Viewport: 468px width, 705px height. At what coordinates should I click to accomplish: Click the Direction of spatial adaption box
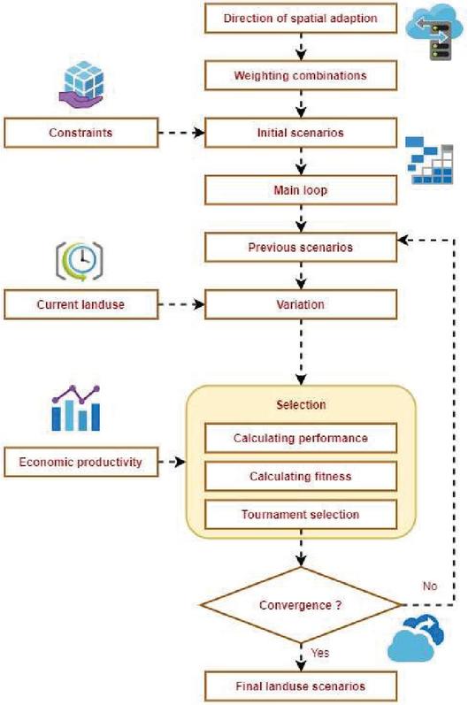(301, 19)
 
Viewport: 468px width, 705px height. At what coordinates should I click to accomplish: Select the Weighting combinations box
(301, 75)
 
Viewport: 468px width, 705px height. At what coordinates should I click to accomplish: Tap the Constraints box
(81, 133)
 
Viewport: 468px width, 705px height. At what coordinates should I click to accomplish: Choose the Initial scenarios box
(301, 133)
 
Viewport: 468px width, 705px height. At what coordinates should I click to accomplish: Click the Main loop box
(301, 189)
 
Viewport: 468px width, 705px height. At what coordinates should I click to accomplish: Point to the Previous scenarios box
(301, 247)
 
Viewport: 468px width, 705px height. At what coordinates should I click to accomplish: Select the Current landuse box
(81, 304)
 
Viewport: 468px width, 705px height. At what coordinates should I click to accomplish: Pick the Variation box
(301, 304)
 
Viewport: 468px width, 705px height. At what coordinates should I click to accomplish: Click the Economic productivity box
(81, 462)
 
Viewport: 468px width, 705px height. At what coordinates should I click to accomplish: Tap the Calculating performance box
(301, 438)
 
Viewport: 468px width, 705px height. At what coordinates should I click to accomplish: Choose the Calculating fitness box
(301, 476)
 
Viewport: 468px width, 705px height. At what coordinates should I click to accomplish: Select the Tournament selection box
(301, 514)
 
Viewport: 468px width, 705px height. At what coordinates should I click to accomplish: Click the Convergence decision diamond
(301, 605)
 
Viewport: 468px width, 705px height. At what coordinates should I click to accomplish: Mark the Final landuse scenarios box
(301, 686)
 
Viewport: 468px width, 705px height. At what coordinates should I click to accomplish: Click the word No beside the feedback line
(430, 586)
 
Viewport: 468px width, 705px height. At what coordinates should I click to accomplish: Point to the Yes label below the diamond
(320, 653)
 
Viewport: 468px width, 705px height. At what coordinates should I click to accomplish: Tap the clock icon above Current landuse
(80, 261)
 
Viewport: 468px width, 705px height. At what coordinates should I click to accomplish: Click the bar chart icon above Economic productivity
(75, 408)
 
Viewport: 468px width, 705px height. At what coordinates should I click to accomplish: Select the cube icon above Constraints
(81, 85)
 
